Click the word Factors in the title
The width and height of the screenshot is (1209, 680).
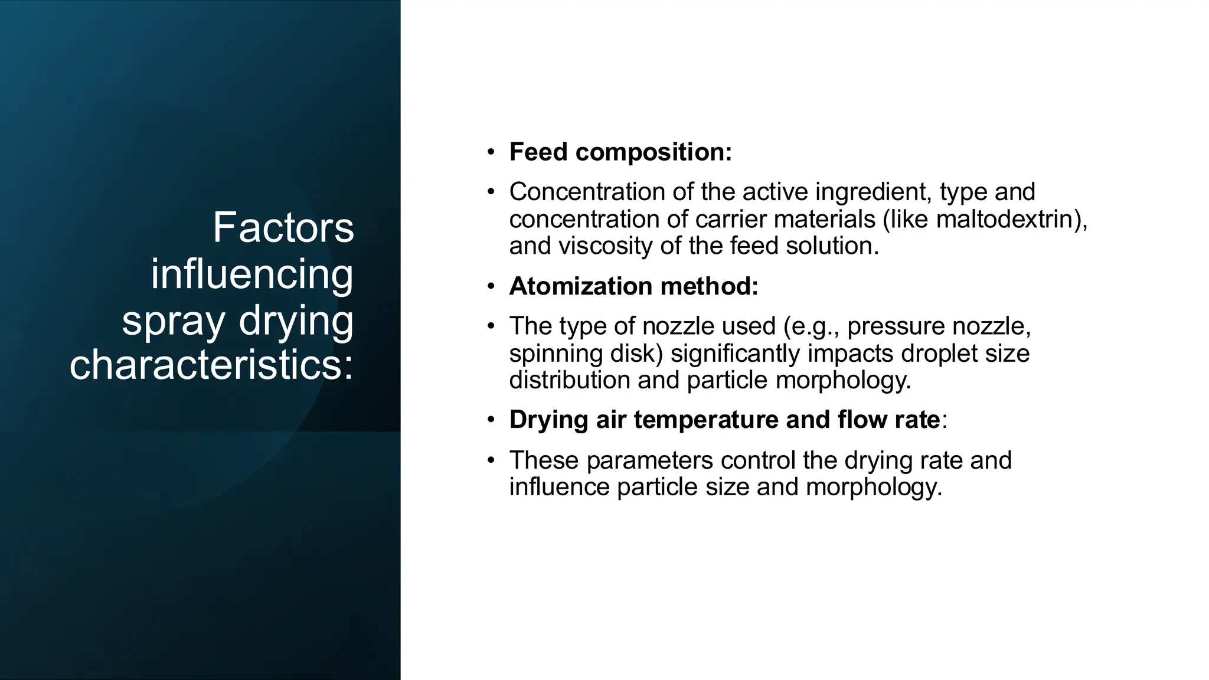[283, 228]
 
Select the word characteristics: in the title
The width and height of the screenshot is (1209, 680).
[211, 365]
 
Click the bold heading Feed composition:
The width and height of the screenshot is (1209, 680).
[620, 152]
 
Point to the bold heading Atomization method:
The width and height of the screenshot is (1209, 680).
[633, 286]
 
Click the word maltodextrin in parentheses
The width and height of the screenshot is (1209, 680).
[1004, 220]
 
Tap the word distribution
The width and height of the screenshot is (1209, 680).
[569, 380]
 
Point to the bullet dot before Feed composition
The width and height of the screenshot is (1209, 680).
[491, 152]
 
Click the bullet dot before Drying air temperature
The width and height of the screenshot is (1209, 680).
[491, 420]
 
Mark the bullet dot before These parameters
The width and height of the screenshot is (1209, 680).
[491, 460]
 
